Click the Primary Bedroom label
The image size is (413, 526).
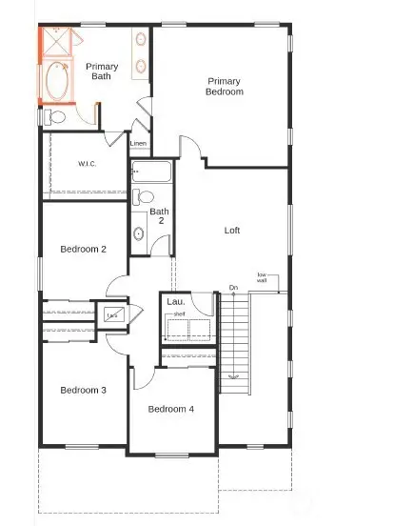pos(225,87)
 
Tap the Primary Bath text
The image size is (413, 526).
pos(102,71)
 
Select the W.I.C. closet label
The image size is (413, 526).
pos(88,164)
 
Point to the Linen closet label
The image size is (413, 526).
pos(138,144)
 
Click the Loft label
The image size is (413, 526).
pos(232,231)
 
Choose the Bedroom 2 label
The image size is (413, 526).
pos(83,250)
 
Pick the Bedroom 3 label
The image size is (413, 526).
pos(83,390)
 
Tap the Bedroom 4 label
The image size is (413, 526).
pos(171,409)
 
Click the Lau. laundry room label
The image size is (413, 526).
pos(175,302)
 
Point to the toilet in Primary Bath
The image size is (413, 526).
pos(54,117)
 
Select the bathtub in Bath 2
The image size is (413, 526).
pos(151,172)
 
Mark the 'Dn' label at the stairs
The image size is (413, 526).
pos(233,288)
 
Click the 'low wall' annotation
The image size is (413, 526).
pos(261,278)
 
